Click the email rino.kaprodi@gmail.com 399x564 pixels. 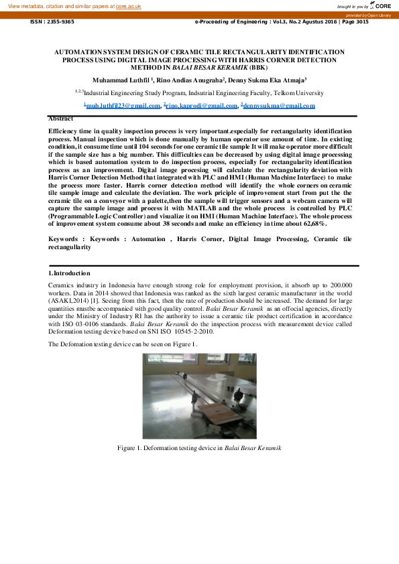(x=202, y=106)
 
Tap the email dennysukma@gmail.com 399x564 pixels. (x=278, y=106)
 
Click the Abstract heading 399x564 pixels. (x=61, y=119)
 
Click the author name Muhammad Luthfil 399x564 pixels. (x=121, y=80)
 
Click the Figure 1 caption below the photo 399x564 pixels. (x=199, y=447)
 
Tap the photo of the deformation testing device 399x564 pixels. (x=199, y=396)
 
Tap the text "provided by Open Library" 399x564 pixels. (x=368, y=15)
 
